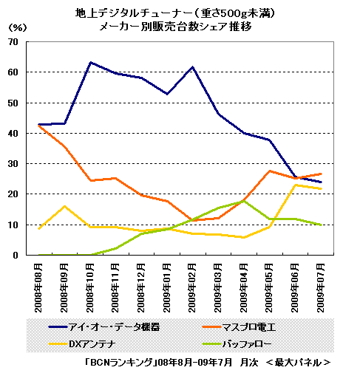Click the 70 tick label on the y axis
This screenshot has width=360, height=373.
13,42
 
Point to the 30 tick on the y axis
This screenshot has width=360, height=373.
13,164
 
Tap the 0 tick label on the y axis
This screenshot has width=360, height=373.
16,255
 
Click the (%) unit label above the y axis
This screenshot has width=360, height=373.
18,27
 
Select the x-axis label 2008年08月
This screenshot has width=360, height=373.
38,288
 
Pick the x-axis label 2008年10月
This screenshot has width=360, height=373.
89,288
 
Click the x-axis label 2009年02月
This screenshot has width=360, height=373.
192,288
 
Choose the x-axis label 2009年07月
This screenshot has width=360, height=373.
321,288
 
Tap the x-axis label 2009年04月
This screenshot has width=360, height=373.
243,288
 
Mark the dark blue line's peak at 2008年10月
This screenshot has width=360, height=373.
90,62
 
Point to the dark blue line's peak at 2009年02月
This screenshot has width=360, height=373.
192,67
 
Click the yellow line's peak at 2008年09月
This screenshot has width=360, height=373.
64,206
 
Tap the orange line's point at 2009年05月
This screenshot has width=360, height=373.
270,171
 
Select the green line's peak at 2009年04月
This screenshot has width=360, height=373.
244,201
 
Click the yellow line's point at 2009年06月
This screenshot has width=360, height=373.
295,185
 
